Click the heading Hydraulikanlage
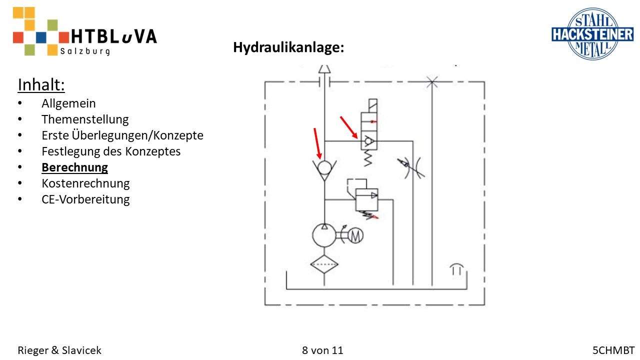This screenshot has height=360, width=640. pyautogui.click(x=288, y=48)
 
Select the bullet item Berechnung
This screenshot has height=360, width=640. pyautogui.click(x=74, y=167)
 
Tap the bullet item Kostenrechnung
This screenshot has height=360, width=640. pyautogui.click(x=85, y=183)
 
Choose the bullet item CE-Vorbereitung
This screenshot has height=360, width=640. pyautogui.click(x=85, y=199)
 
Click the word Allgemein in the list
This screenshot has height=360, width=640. pyautogui.click(x=68, y=103)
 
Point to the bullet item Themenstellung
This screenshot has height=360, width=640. pyautogui.click(x=85, y=119)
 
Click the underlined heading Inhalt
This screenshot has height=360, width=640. pyautogui.click(x=41, y=85)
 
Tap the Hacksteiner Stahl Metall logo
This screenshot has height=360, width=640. pyautogui.click(x=585, y=33)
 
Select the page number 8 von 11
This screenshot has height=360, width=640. pyautogui.click(x=322, y=350)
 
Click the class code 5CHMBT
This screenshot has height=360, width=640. pyautogui.click(x=613, y=350)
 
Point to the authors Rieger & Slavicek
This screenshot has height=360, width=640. pyautogui.click(x=59, y=350)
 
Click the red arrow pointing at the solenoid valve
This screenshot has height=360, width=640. pyautogui.click(x=348, y=127)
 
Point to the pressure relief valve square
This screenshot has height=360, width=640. pyautogui.click(x=366, y=199)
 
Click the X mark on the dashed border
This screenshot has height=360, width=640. pyautogui.click(x=432, y=81)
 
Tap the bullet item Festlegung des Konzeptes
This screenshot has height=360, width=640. pyautogui.click(x=111, y=151)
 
